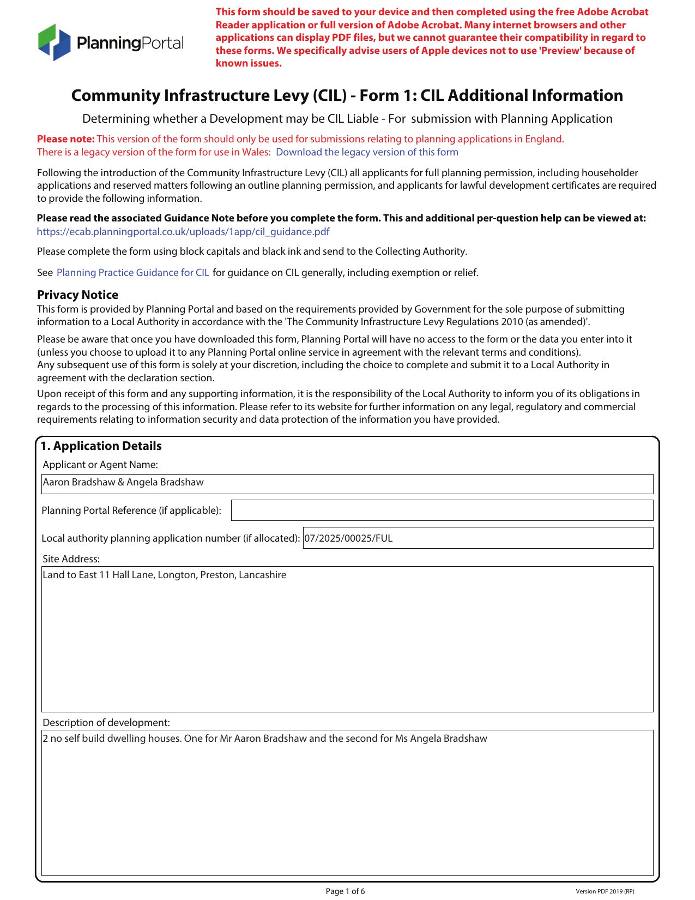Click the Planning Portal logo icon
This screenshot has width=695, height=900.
click(x=55, y=42)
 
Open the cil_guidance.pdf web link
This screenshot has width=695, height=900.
click(x=183, y=232)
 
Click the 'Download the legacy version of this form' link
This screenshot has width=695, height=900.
click(x=367, y=152)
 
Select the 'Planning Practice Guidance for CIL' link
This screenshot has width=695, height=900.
click(x=133, y=273)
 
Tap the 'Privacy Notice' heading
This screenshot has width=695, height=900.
click(x=77, y=295)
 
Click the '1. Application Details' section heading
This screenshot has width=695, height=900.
click(x=101, y=446)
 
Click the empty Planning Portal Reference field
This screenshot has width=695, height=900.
click(x=442, y=511)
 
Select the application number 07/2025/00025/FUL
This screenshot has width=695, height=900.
click(x=348, y=538)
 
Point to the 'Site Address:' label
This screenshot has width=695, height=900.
click(x=71, y=559)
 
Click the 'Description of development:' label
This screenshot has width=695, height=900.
click(x=106, y=723)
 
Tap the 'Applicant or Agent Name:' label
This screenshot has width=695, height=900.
click(x=100, y=465)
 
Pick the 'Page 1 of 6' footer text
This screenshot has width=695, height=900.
click(x=345, y=891)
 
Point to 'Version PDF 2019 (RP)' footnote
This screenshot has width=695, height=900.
click(x=605, y=892)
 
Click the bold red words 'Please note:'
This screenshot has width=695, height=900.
click(x=66, y=139)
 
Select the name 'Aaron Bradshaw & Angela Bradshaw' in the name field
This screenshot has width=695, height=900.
click(x=123, y=482)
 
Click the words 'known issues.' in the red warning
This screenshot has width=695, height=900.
click(x=249, y=63)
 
